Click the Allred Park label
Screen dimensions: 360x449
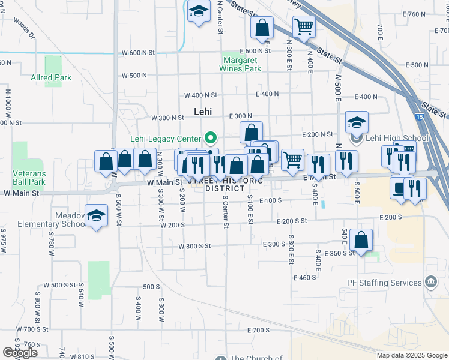[x=51, y=77]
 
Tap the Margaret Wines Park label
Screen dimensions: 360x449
[x=243, y=64]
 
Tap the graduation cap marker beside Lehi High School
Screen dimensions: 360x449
[x=357, y=124]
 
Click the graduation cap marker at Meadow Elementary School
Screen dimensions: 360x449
[x=96, y=216]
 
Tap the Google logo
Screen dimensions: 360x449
[x=20, y=353]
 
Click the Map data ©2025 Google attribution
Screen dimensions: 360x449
[x=412, y=355]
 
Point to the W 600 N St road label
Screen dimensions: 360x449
[x=139, y=53]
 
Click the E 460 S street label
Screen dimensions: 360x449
[x=305, y=278]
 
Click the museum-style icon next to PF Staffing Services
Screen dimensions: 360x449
[x=430, y=282]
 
